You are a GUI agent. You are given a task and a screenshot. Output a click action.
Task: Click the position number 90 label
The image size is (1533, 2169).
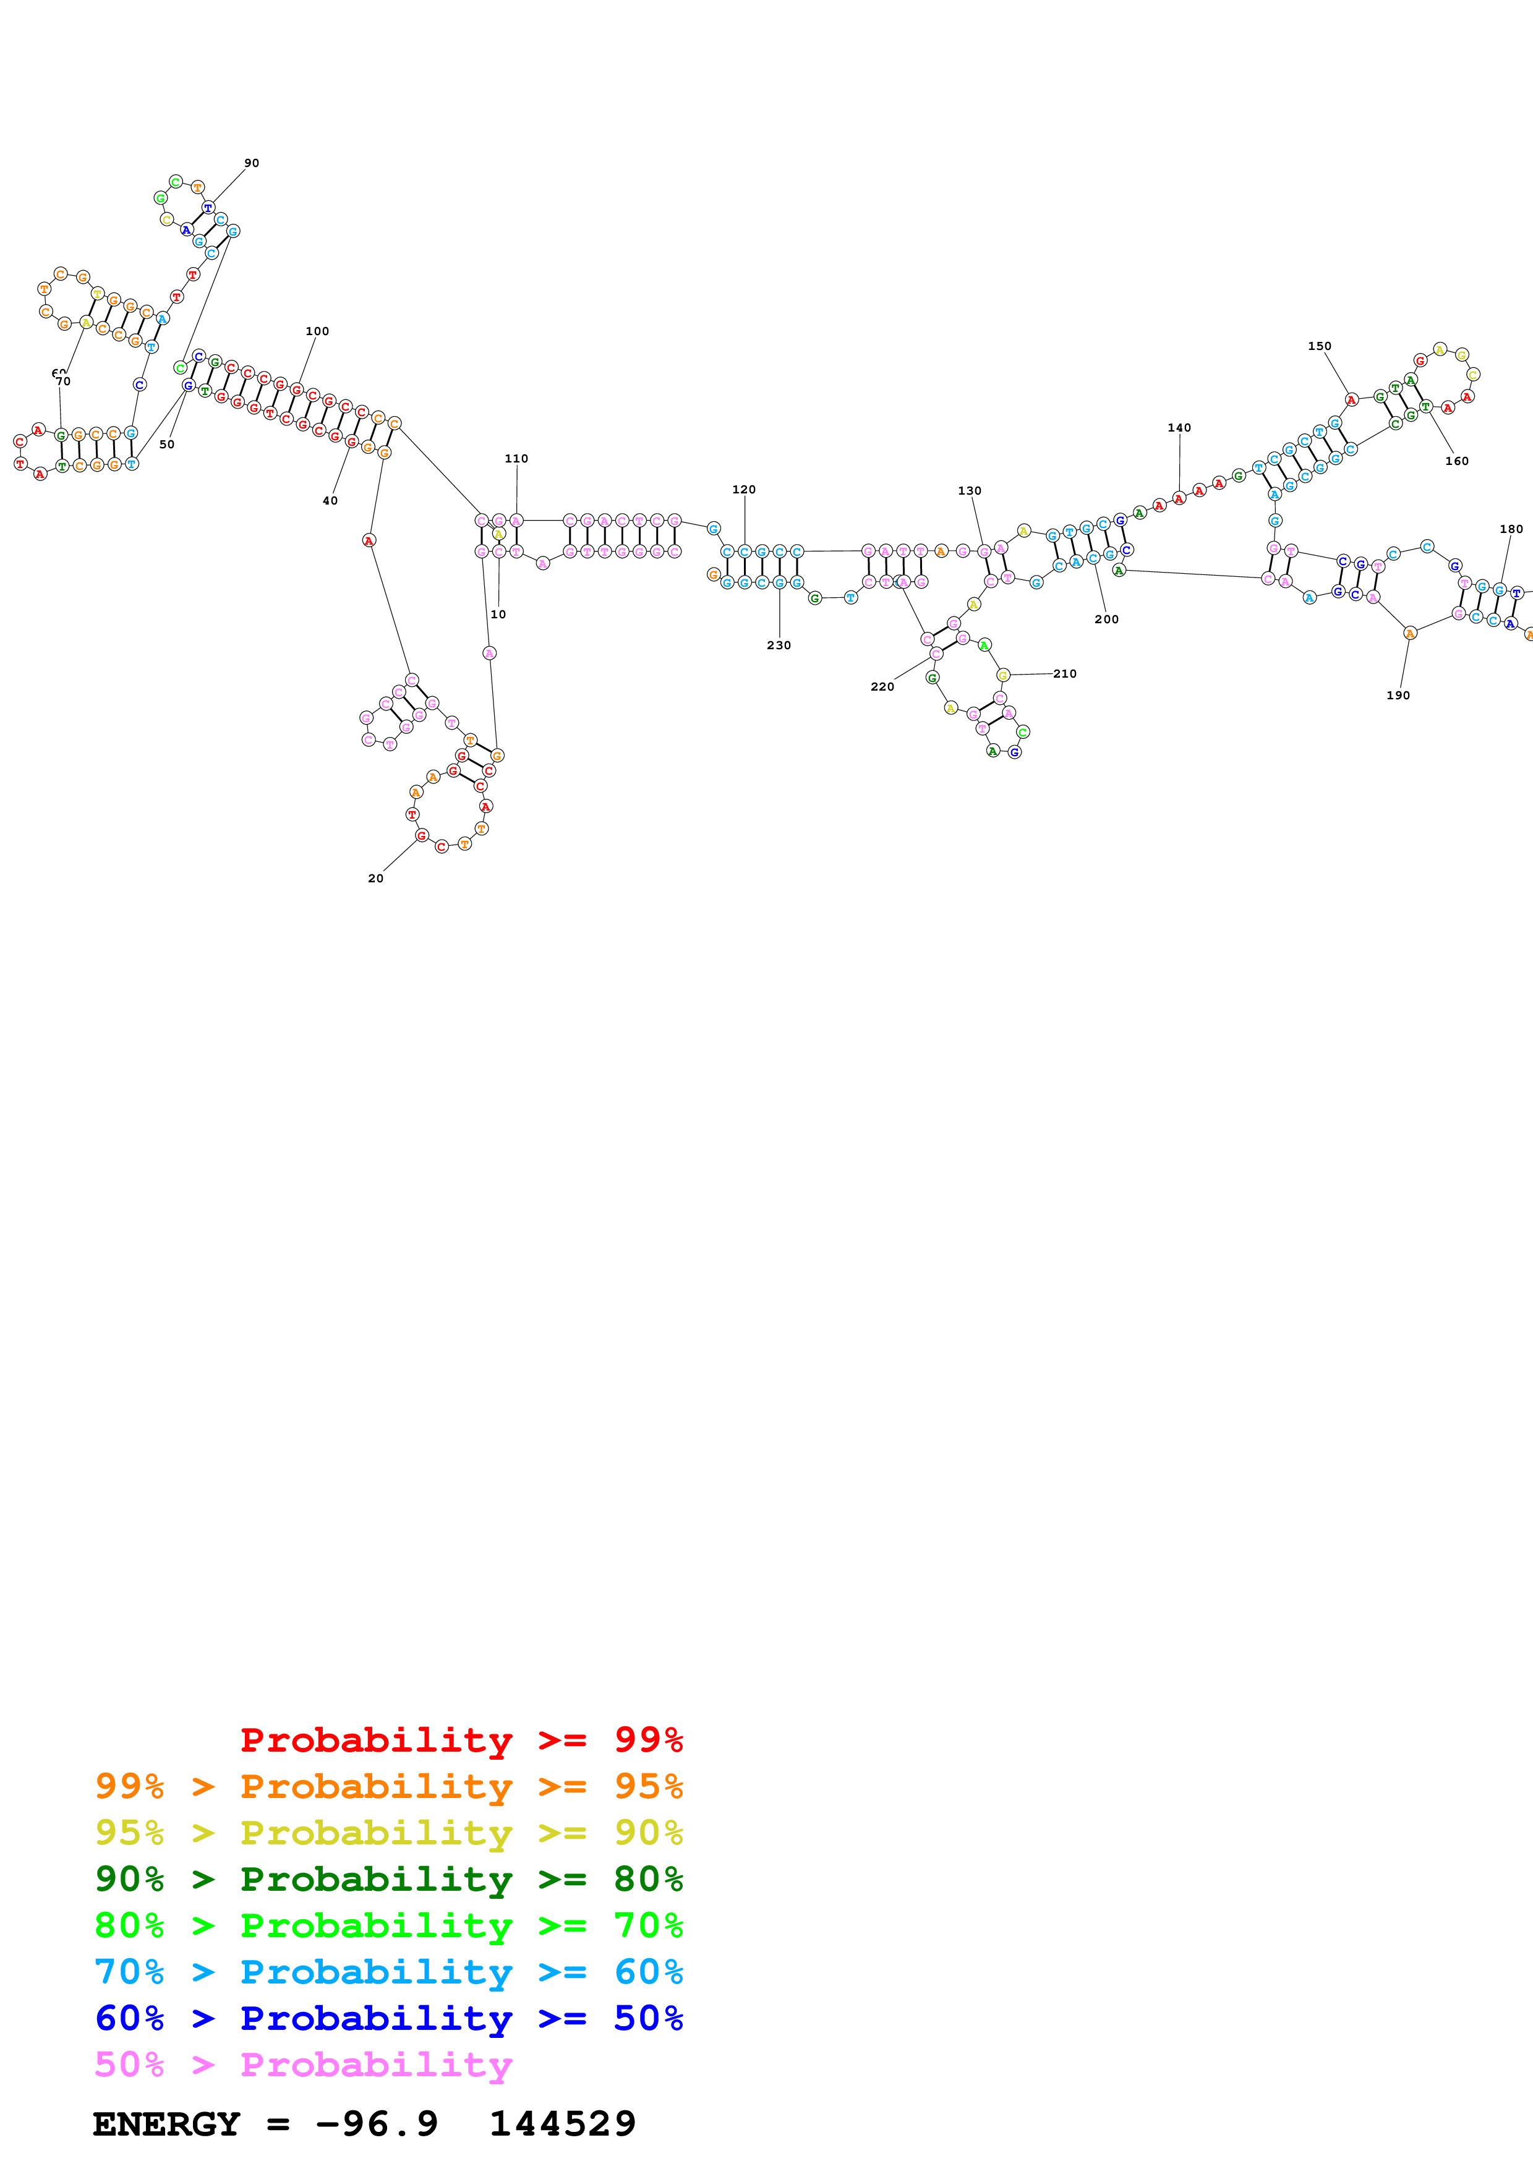251,163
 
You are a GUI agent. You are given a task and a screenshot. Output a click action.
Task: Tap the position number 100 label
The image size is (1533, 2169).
317,331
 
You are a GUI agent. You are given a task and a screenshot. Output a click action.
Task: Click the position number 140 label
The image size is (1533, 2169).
1179,428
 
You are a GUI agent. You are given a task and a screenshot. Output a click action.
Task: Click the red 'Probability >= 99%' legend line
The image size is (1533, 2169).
461,1740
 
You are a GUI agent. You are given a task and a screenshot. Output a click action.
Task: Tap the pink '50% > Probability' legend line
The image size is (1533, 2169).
303,2065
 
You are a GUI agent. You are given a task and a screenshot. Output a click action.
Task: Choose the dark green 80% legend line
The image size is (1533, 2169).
388,1879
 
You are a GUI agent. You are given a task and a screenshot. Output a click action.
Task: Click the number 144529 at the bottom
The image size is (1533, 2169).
562,2124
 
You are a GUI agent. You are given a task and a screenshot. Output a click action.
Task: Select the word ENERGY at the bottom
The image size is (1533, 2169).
166,2124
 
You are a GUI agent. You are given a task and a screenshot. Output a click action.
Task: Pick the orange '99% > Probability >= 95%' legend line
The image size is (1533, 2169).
388,1786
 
